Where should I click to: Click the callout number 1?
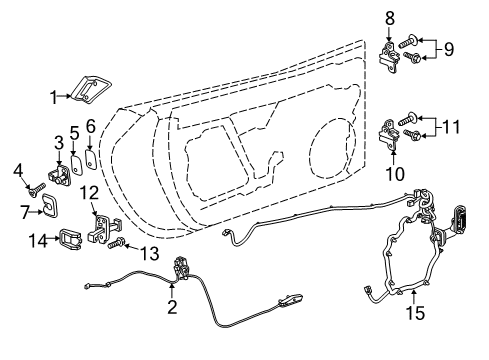pyautogui.click(x=55, y=97)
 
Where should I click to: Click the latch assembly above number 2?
pyautogui.click(x=182, y=268)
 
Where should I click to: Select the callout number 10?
pyautogui.click(x=391, y=174)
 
